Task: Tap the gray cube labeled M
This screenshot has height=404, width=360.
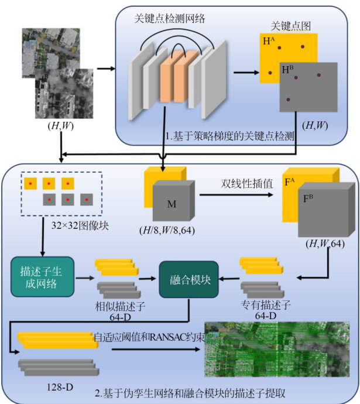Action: (172, 203)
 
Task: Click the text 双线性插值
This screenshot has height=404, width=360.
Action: (239, 184)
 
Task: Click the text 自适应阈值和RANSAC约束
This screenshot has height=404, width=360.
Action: (150, 337)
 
